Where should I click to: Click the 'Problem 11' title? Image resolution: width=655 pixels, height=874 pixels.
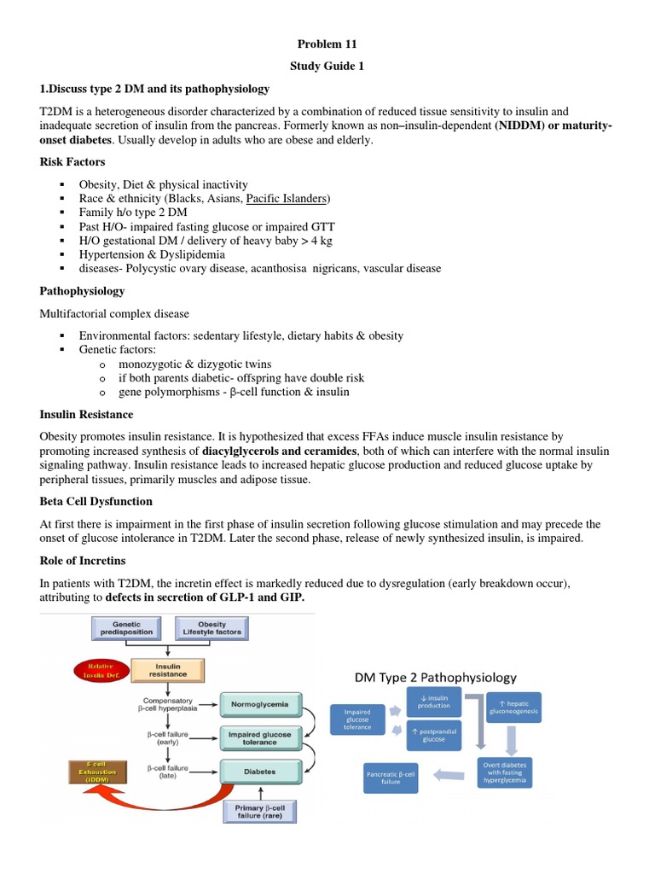click(327, 44)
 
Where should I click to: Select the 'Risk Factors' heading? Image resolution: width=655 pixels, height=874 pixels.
click(74, 160)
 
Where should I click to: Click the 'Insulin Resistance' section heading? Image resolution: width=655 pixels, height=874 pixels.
click(86, 414)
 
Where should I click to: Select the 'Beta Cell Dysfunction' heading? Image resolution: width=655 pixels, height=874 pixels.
click(96, 500)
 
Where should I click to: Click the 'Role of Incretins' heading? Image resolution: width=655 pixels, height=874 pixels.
click(84, 560)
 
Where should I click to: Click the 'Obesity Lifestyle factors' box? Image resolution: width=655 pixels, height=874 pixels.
click(212, 627)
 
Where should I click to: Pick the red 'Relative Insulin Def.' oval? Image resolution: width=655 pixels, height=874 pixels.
click(78, 669)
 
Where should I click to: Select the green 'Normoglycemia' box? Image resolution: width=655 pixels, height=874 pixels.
click(260, 704)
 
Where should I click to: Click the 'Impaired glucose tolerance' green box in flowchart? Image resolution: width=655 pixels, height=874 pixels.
click(260, 738)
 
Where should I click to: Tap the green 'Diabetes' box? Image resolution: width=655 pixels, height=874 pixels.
click(260, 771)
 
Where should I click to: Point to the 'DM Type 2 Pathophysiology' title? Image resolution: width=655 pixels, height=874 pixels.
click(435, 677)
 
